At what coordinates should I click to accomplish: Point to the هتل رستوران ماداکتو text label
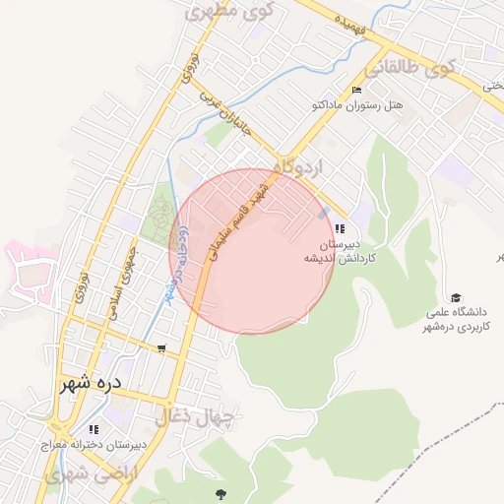point(363,104)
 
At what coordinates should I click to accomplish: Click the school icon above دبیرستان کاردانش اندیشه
point(340,228)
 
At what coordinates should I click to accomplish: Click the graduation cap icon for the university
point(455,297)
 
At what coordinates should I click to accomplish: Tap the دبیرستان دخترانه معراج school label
point(94,445)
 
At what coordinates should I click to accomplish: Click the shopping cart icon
point(161,348)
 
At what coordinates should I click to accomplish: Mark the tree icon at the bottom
point(220,492)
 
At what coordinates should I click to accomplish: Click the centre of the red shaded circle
point(251,251)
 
